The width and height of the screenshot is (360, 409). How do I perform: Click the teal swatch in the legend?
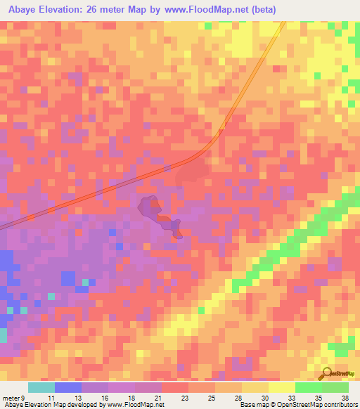pos(41,387)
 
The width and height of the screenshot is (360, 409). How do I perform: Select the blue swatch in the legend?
pos(68,387)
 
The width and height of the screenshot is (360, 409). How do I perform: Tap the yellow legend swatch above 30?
pos(255,387)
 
